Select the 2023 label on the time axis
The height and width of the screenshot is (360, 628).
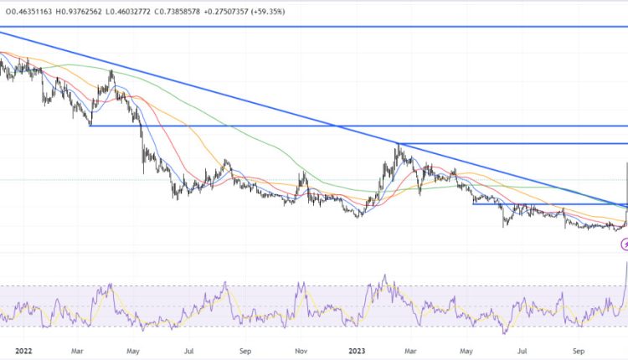(x=357, y=352)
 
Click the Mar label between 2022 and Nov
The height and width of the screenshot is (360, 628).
(x=78, y=352)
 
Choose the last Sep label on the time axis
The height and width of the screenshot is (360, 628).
(x=578, y=352)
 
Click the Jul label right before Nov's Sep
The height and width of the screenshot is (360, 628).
(x=191, y=352)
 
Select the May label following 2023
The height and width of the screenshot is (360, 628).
(x=467, y=352)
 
